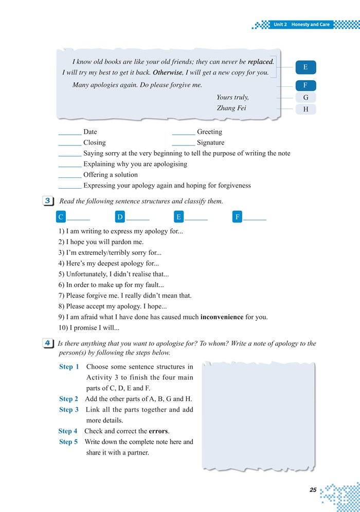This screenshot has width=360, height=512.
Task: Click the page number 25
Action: (x=313, y=490)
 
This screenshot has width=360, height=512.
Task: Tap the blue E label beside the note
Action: (x=305, y=67)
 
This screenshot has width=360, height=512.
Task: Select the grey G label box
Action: (x=305, y=97)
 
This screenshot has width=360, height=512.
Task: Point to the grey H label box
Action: (x=305, y=109)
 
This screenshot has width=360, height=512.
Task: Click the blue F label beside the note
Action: (x=305, y=86)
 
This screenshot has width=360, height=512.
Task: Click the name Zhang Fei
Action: (x=231, y=108)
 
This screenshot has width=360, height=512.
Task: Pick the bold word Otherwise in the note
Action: (x=168, y=72)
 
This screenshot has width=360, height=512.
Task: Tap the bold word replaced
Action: (x=260, y=62)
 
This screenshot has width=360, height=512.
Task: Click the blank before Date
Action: (x=70, y=133)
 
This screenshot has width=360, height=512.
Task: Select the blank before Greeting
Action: (x=184, y=133)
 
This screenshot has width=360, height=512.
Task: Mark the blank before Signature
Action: (x=184, y=143)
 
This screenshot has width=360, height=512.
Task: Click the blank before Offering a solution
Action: (x=70, y=175)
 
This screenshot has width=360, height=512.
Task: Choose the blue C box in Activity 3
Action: (x=61, y=217)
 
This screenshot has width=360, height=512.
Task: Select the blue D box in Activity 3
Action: (x=120, y=217)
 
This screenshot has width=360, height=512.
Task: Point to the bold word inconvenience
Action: (x=222, y=317)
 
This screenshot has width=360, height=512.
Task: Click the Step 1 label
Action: (x=69, y=367)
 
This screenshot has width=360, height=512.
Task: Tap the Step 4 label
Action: (x=68, y=431)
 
